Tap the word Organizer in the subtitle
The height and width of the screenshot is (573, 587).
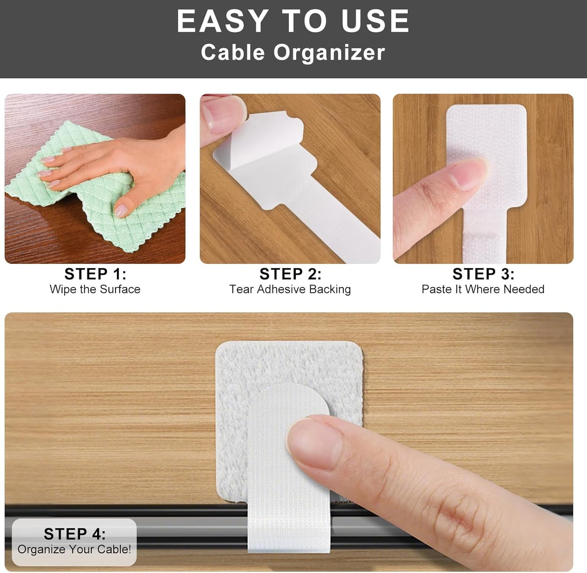click(x=329, y=52)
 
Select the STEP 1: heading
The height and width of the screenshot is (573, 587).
click(x=95, y=274)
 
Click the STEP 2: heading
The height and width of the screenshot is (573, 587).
click(x=290, y=274)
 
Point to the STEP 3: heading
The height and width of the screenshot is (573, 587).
click(x=483, y=274)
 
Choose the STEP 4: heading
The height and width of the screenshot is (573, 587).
click(x=74, y=534)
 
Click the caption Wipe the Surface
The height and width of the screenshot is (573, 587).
click(x=95, y=289)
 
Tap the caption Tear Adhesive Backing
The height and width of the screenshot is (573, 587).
click(x=290, y=289)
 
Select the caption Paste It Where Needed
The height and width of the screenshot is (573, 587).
click(x=483, y=289)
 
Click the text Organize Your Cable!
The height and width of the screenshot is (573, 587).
click(x=74, y=549)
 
